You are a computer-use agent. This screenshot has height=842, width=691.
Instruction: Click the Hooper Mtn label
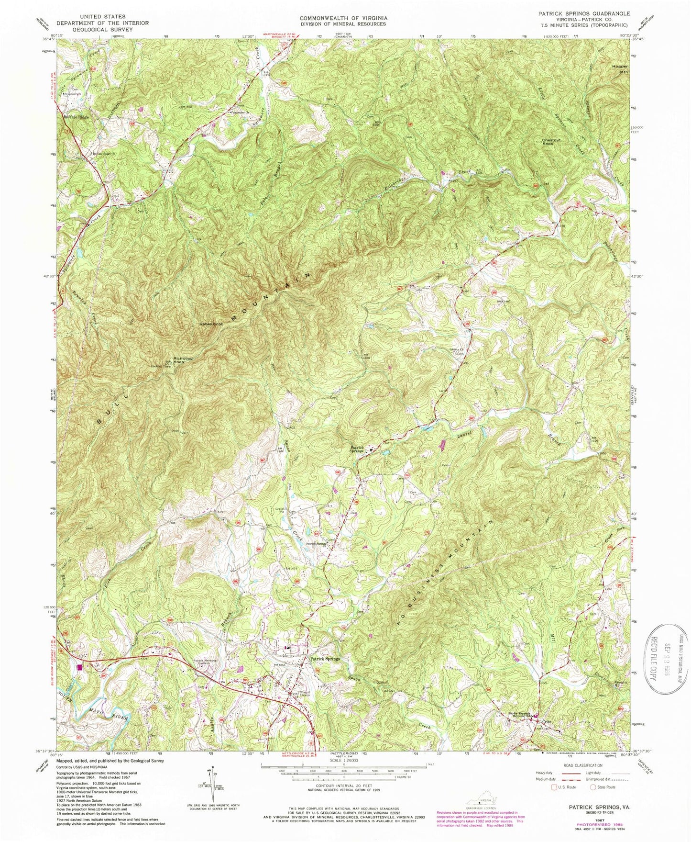tap(617, 69)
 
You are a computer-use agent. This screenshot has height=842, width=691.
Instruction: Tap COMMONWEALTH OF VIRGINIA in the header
tap(343, 17)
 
